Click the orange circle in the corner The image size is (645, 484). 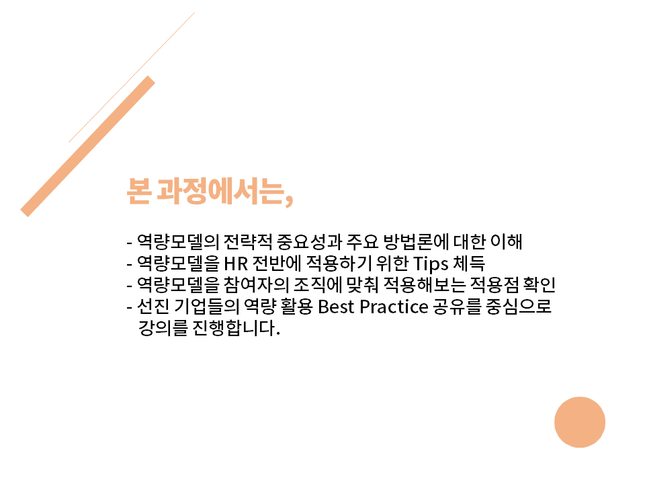pyautogui.click(x=580, y=422)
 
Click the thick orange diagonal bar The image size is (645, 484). pyautogui.click(x=87, y=146)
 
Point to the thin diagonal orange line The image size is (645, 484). pyautogui.click(x=132, y=77)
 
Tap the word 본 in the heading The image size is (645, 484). pyautogui.click(x=138, y=192)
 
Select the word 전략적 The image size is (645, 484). pyautogui.click(x=248, y=241)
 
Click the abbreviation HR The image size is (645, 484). pyautogui.click(x=236, y=264)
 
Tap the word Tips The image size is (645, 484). pyautogui.click(x=430, y=264)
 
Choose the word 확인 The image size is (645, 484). pyautogui.click(x=540, y=285)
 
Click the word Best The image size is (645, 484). pyautogui.click(x=336, y=307)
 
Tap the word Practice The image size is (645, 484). pyautogui.click(x=394, y=307)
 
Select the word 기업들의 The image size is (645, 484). pyautogui.click(x=206, y=307)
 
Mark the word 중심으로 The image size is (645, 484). pyautogui.click(x=519, y=307)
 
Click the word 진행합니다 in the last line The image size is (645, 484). pyautogui.click(x=236, y=329)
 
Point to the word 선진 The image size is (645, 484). pyautogui.click(x=153, y=307)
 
